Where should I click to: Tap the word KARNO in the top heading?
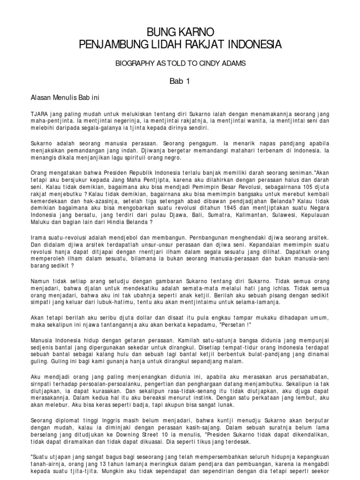coord(197,32)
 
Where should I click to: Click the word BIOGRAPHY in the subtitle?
coord(134,63)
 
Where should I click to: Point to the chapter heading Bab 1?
coord(180,81)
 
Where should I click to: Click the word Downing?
coord(143,433)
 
